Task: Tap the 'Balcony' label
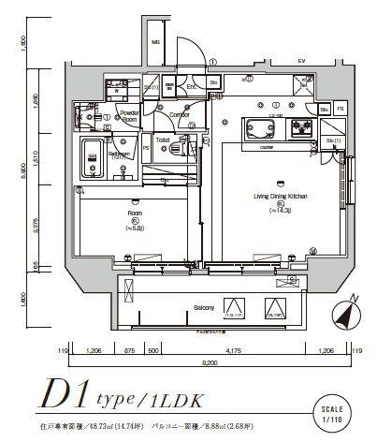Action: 205,308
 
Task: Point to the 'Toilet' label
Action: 162,139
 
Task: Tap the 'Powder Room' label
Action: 129,117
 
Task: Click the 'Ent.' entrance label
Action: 191,87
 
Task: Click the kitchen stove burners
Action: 303,126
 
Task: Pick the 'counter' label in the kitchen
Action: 266,146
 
